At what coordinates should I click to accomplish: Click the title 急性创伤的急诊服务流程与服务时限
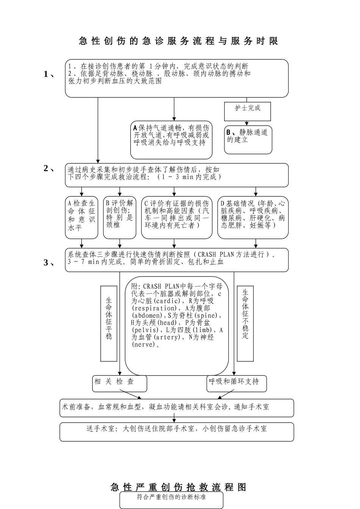tap(178, 41)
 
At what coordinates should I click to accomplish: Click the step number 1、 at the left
tap(49, 74)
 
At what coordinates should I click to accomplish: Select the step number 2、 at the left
tap(49, 169)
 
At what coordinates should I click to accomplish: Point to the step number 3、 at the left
tap(49, 262)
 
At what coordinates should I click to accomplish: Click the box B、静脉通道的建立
tap(248, 140)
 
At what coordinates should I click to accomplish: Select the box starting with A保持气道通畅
tap(171, 140)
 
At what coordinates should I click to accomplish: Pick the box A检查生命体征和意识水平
tap(81, 217)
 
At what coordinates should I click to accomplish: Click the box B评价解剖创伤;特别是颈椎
tap(119, 217)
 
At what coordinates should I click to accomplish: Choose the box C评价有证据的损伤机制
tap(177, 217)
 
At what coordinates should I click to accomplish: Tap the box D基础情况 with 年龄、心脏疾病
tap(253, 217)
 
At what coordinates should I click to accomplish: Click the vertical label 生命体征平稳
tap(109, 323)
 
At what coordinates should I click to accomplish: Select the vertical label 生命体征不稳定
tap(245, 323)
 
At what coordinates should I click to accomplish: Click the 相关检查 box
tap(120, 383)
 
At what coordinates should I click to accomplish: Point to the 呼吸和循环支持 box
tap(237, 383)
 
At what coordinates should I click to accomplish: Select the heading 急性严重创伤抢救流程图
tap(178, 487)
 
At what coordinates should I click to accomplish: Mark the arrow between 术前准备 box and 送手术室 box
tap(174, 418)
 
